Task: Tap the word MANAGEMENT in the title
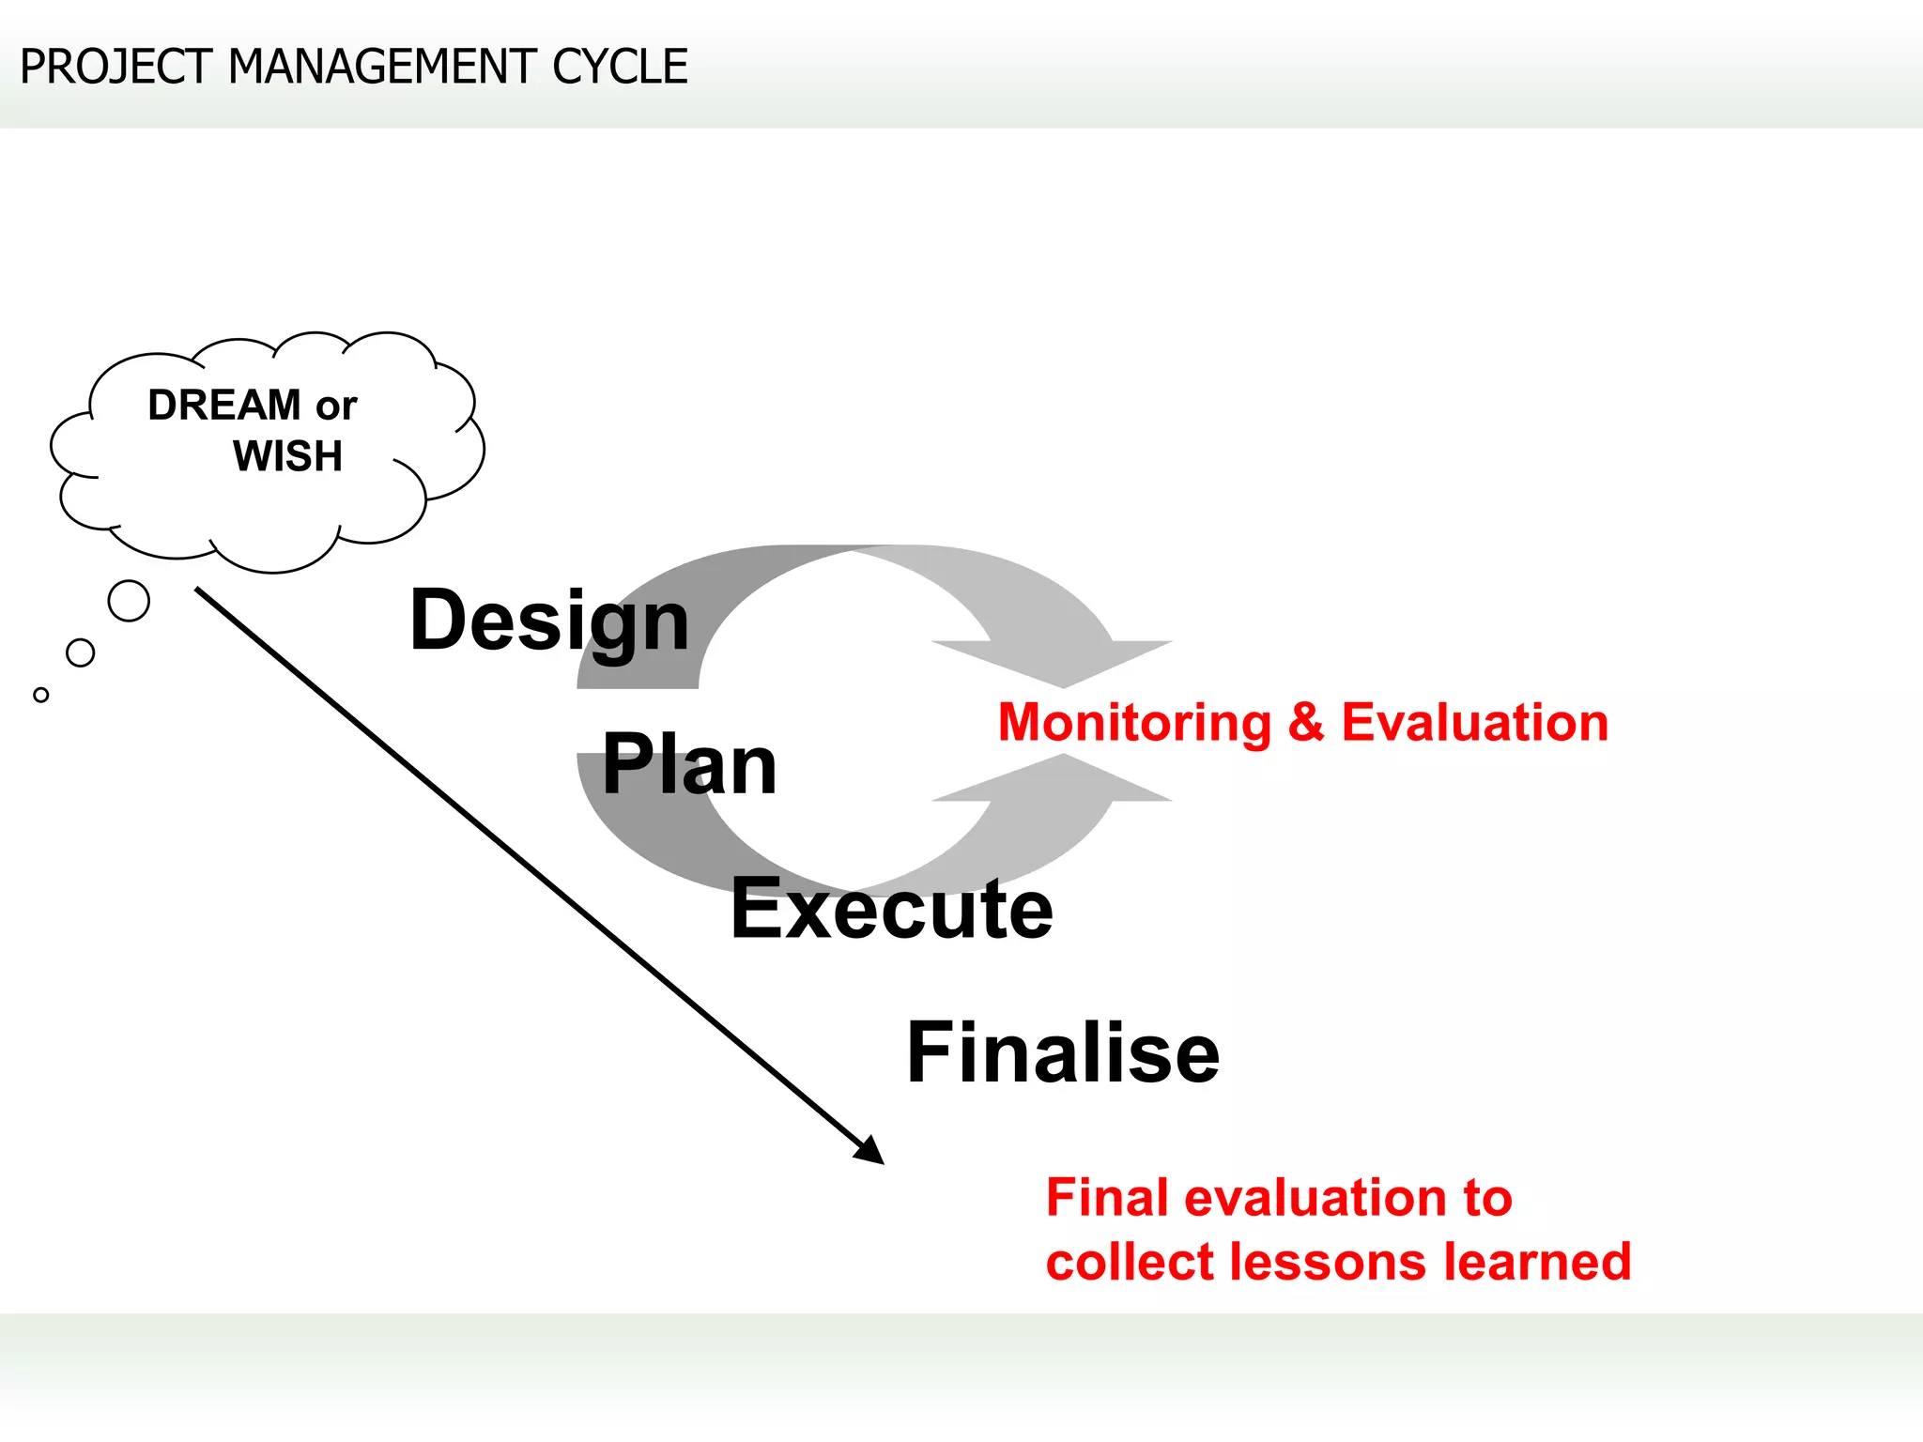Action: point(382,68)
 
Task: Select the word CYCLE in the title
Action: point(620,68)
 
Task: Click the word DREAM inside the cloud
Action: point(224,406)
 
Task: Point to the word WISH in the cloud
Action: point(287,456)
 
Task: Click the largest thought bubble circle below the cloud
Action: point(129,601)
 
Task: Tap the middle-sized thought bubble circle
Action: point(81,652)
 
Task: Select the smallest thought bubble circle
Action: point(40,695)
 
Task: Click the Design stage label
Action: point(549,621)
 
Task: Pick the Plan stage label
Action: point(689,765)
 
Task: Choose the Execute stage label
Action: point(892,909)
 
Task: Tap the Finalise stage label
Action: point(1063,1053)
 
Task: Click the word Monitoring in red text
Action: point(1134,723)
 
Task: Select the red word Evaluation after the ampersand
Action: point(1474,723)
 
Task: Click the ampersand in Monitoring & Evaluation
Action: point(1306,723)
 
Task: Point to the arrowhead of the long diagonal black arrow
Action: point(870,1152)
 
